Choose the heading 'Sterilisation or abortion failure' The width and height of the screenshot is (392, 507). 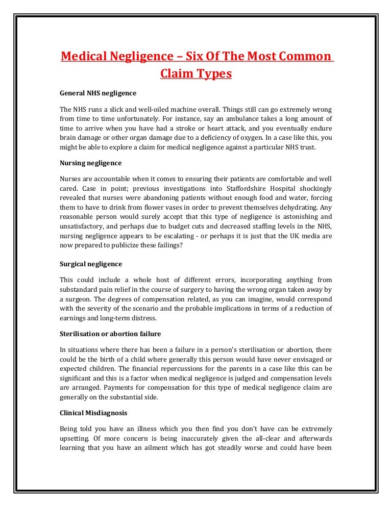point(110,334)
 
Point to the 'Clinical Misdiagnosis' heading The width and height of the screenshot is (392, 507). point(93,413)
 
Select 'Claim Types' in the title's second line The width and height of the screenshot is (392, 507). point(196,74)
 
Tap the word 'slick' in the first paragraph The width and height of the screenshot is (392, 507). point(114,110)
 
